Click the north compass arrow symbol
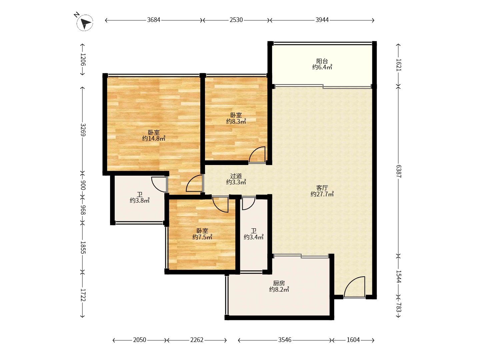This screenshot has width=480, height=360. [85, 23]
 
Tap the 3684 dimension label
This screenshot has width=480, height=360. [154, 20]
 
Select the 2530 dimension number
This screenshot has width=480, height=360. [236, 20]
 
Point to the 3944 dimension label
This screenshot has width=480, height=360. [322, 20]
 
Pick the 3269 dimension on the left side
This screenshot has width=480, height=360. [83, 130]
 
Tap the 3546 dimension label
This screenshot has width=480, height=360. [285, 340]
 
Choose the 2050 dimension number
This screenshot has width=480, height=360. [140, 340]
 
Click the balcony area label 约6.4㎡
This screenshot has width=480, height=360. [322, 67]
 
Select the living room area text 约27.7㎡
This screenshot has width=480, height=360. [322, 194]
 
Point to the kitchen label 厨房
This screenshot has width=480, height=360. [279, 283]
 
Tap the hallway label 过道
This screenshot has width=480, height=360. [236, 176]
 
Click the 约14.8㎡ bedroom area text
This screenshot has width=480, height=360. [154, 139]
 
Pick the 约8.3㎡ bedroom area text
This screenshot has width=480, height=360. [236, 122]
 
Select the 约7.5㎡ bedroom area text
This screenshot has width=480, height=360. [202, 237]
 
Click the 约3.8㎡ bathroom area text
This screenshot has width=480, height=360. [140, 200]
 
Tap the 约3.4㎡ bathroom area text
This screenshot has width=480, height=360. [254, 237]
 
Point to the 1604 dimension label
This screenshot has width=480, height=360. [353, 340]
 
